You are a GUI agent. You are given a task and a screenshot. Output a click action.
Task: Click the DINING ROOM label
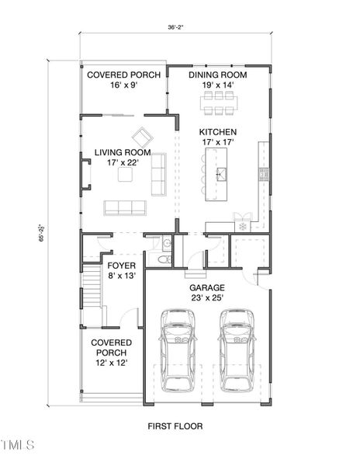pyautogui.click(x=218, y=75)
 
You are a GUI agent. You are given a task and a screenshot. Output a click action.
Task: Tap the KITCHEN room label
pyautogui.click(x=218, y=132)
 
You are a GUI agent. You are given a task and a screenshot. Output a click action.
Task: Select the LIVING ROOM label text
pyautogui.click(x=123, y=152)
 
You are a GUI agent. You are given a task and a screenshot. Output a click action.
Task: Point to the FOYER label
pyautogui.click(x=121, y=265)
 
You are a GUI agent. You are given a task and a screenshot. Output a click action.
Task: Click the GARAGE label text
pyautogui.click(x=207, y=286)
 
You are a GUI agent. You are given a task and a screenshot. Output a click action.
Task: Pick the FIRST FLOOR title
pyautogui.click(x=175, y=426)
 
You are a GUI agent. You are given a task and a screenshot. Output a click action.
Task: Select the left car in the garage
pyautogui.click(x=178, y=350)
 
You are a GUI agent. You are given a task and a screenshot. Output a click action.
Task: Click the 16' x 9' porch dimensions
pyautogui.click(x=123, y=85)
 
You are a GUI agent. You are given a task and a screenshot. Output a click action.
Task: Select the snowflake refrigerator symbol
pyautogui.click(x=244, y=226)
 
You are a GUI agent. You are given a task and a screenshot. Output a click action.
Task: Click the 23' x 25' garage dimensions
pyautogui.click(x=207, y=297)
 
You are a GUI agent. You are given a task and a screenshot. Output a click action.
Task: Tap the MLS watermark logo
pyautogui.click(x=17, y=444)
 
